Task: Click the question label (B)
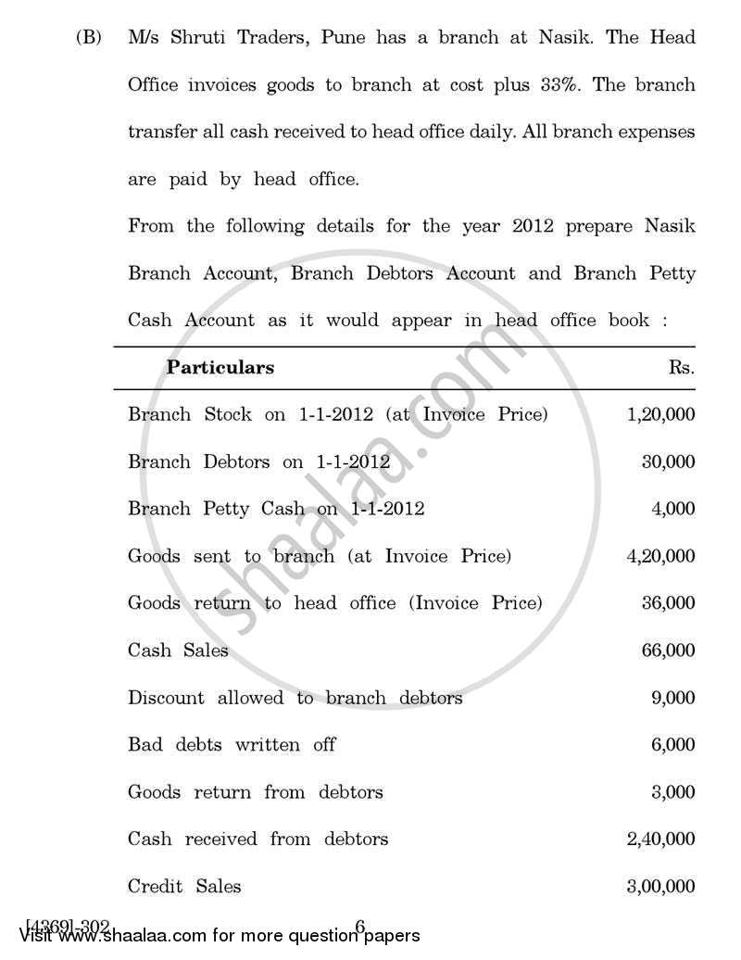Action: [x=89, y=38]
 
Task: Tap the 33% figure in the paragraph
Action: [x=559, y=84]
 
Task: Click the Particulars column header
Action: [x=220, y=367]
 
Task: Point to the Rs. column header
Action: [x=681, y=367]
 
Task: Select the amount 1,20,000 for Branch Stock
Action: [x=660, y=414]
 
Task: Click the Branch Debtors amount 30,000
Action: [x=668, y=461]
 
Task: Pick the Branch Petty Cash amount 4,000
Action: [x=672, y=509]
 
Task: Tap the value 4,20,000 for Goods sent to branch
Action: [x=660, y=556]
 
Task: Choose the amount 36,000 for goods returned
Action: [x=668, y=603]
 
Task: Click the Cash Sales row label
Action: [x=178, y=651]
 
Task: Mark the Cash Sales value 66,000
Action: [x=668, y=651]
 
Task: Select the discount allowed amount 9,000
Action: [x=672, y=698]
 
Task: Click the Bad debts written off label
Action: [x=232, y=745]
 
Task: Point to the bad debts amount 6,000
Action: [x=672, y=745]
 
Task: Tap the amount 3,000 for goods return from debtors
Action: [x=672, y=792]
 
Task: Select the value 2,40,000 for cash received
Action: [x=660, y=840]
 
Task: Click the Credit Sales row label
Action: [x=184, y=887]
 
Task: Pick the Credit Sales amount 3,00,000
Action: [x=660, y=887]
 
